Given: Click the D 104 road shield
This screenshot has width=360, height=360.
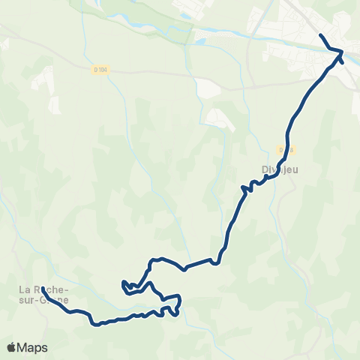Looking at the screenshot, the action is pyautogui.click(x=99, y=70).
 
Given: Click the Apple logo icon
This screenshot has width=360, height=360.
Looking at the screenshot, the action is pyautogui.click(x=12, y=347).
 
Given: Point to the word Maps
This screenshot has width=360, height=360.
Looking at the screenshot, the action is pyautogui.click(x=33, y=347).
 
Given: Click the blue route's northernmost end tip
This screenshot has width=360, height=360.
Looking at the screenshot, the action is pyautogui.click(x=321, y=35).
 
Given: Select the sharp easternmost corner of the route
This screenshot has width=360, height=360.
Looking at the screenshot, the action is pyautogui.click(x=342, y=52).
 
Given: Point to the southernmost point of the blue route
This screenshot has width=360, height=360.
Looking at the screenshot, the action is pyautogui.click(x=96, y=325).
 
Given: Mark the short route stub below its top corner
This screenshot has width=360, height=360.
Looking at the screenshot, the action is pyautogui.click(x=342, y=60).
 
